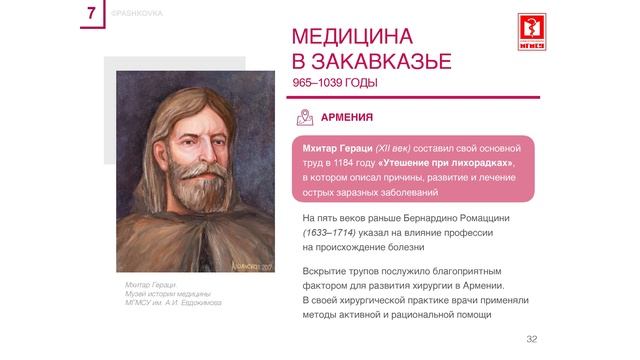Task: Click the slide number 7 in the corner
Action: (x=92, y=15)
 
